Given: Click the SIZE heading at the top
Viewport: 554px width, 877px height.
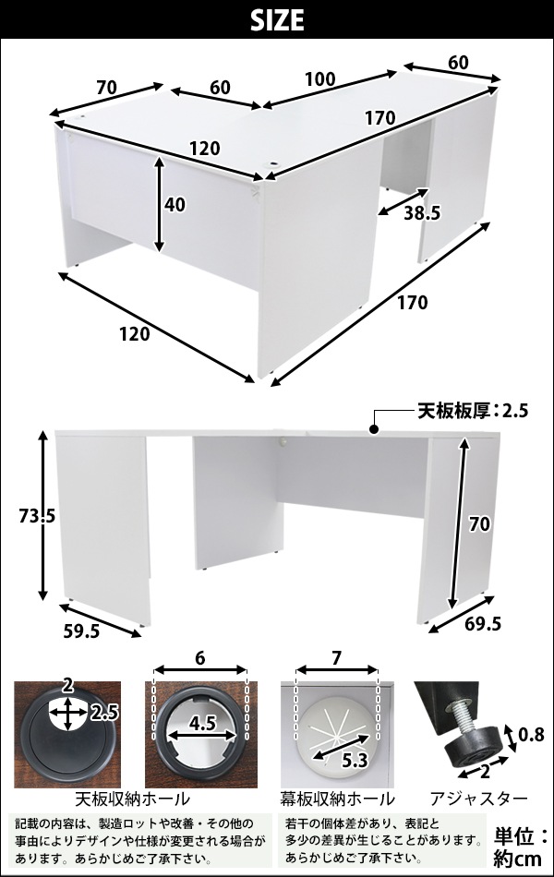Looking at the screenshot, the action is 277,20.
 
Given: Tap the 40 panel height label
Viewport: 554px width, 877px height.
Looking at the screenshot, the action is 175,205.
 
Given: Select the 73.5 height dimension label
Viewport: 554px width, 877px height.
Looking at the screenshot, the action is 36,517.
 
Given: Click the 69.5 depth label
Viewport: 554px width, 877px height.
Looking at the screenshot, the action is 482,623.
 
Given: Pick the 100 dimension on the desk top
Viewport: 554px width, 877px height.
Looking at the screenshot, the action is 319,79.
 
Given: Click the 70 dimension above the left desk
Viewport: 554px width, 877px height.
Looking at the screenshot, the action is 106,88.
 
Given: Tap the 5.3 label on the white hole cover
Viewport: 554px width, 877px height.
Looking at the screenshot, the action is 354,761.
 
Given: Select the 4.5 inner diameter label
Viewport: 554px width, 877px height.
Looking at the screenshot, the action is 202,723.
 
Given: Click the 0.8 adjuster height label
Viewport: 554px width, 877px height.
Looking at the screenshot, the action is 531,735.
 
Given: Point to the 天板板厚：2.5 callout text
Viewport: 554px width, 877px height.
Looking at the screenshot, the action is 473,411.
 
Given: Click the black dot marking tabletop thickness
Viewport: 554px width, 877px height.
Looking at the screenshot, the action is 373,429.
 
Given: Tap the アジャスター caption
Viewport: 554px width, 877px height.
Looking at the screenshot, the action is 478,799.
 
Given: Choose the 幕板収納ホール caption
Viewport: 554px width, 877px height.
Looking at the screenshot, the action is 337,799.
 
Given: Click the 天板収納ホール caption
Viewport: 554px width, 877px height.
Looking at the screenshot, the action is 133,799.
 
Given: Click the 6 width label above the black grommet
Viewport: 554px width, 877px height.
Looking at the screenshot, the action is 200,658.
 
